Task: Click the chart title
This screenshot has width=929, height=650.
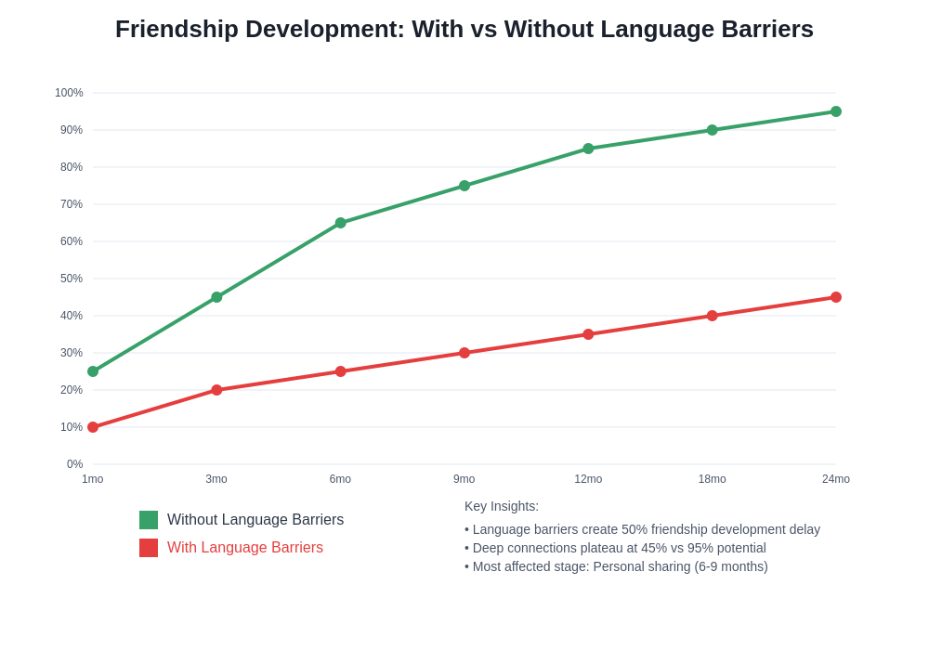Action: point(464,29)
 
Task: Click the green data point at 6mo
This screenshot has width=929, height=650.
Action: point(341,223)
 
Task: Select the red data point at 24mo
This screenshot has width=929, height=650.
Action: point(836,297)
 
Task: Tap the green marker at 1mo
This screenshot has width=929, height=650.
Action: point(93,371)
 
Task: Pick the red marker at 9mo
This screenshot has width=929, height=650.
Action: point(464,353)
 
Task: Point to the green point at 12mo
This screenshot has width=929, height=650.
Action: point(588,149)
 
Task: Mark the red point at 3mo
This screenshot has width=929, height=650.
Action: point(216,390)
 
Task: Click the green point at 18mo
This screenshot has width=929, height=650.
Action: point(713,130)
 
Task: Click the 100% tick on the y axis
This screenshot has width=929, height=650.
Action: point(69,93)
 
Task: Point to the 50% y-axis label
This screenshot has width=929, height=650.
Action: point(72,279)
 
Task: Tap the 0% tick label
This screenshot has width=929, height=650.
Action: point(74,464)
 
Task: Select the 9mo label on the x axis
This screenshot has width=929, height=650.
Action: point(464,479)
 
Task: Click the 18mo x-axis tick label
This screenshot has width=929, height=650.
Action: point(713,479)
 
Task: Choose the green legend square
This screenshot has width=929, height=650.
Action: point(149,520)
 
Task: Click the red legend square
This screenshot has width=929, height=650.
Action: point(149,548)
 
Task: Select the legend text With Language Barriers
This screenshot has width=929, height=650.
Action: point(245,548)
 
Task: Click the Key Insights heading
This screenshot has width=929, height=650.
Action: point(502,506)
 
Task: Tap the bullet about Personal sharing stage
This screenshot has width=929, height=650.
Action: point(616,566)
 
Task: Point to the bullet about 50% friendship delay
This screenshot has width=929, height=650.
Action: point(642,529)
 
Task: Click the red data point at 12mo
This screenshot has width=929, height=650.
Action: point(588,334)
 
